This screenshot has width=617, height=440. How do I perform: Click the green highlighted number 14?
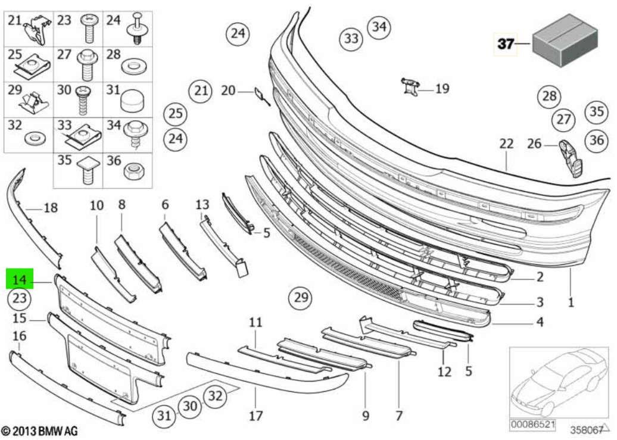[20, 279]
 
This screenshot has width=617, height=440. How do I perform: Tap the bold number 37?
[505, 44]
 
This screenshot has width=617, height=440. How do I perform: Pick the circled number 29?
[301, 296]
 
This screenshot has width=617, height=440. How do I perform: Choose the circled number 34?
[379, 27]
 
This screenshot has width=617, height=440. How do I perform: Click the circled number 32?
[216, 396]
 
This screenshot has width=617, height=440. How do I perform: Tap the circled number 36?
[596, 140]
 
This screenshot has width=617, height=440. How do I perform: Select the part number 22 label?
[506, 143]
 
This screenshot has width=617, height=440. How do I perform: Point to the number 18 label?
[51, 208]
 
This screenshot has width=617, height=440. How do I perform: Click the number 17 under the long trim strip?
[255, 415]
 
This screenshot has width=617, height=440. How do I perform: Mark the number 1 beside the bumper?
[570, 302]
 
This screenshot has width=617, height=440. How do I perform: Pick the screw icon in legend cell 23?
[89, 27]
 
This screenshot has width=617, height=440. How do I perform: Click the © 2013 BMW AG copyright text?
[39, 430]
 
